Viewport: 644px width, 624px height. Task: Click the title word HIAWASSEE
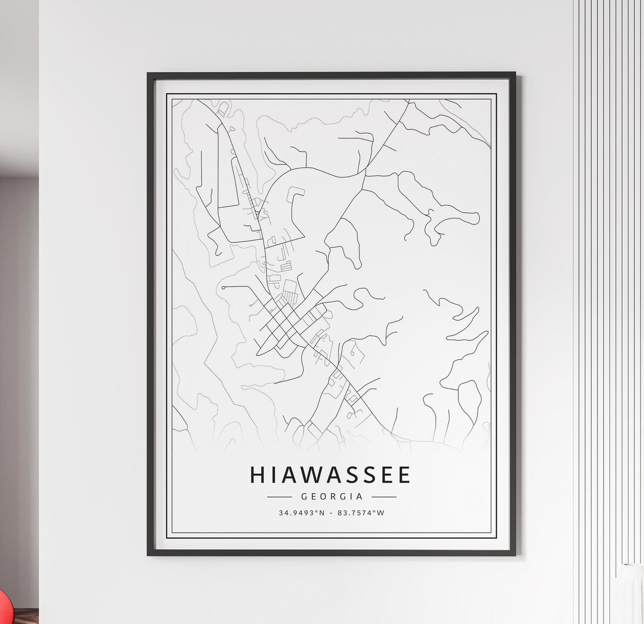(331, 475)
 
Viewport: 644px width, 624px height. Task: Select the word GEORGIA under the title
(332, 496)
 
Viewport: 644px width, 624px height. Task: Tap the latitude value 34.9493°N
(302, 513)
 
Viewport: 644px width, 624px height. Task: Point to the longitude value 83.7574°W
(360, 513)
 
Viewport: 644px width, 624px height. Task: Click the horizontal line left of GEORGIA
(278, 496)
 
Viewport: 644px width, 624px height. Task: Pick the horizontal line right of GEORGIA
(384, 496)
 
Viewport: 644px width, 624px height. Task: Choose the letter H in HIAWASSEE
(259, 475)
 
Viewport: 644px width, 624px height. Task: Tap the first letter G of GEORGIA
(305, 496)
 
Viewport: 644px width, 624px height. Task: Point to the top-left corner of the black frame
(148, 74)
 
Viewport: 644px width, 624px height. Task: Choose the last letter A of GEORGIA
(359, 496)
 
